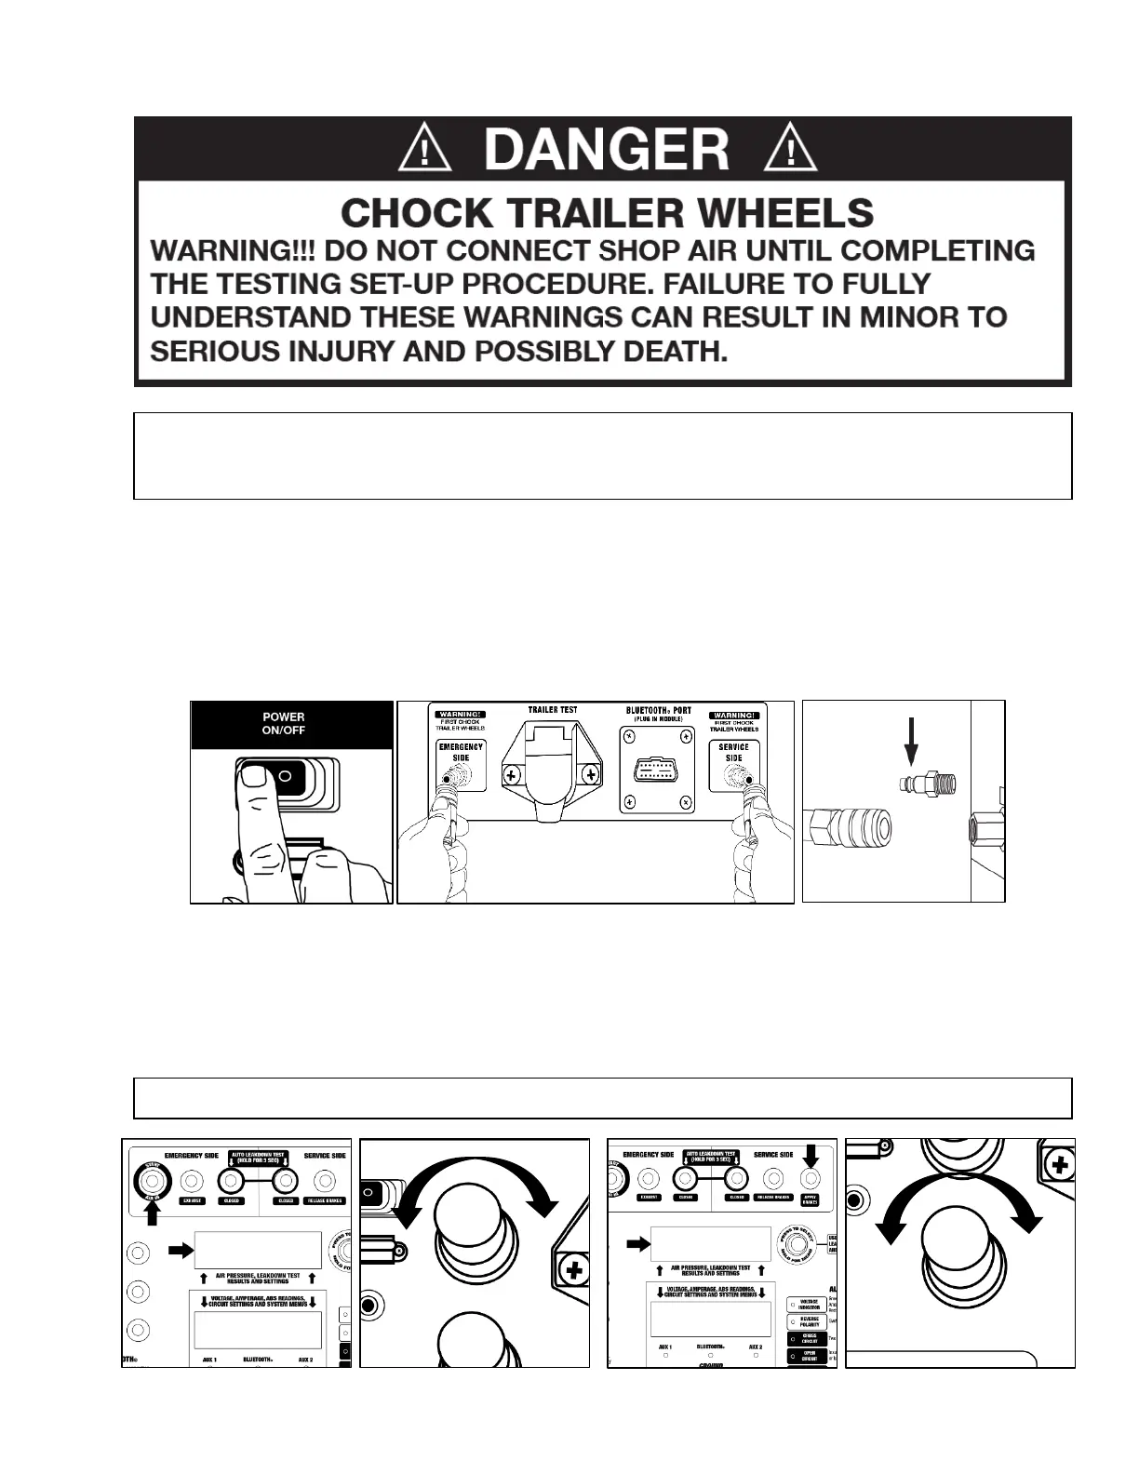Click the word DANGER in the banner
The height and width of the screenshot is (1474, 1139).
[606, 149]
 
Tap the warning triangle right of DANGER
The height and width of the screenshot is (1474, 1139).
[789, 149]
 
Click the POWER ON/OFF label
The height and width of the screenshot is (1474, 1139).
[284, 724]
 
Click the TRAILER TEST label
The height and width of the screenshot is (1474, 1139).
[553, 710]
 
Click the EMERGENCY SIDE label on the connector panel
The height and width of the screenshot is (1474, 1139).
[460, 753]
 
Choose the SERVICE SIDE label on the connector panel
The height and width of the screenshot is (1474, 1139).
[733, 753]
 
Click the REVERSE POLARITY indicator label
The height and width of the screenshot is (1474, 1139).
[810, 1320]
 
